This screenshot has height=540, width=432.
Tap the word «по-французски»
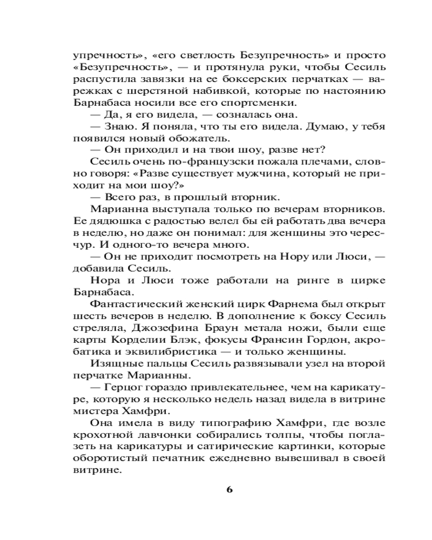pyautogui.click(x=185, y=162)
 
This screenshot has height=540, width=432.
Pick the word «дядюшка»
pyautogui.click(x=107, y=221)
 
